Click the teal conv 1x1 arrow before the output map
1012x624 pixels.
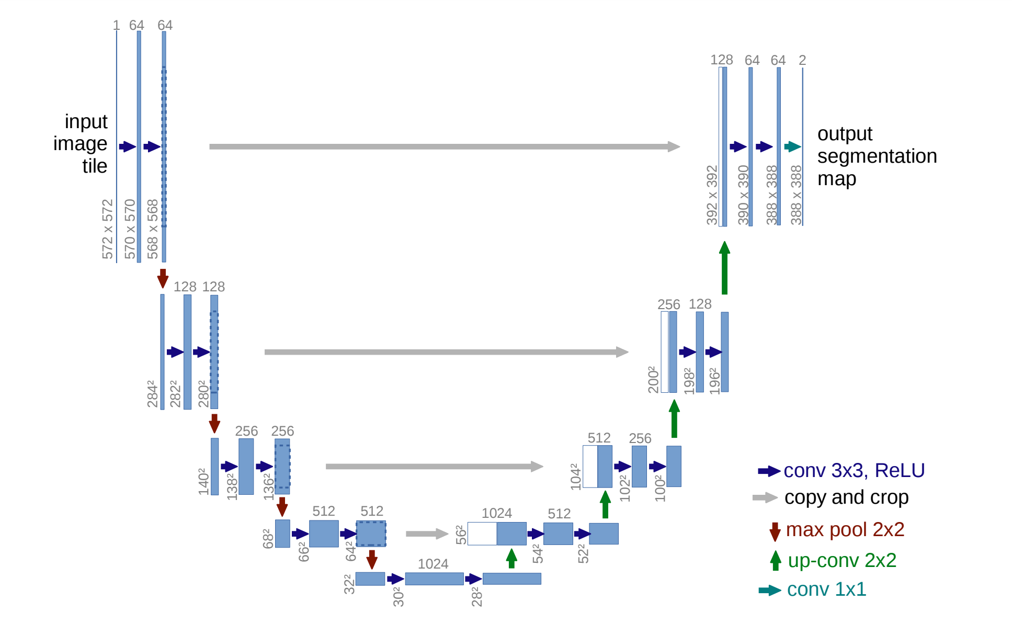pos(793,147)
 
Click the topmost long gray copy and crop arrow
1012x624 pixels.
pos(445,147)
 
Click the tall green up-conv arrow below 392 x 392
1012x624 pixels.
pos(724,268)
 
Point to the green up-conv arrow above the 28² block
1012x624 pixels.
pos(511,558)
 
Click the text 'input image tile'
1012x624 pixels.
pos(82,143)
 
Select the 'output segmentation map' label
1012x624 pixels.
pos(876,156)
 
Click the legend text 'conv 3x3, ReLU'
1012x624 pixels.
pos(854,471)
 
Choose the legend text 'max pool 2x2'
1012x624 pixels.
pos(845,530)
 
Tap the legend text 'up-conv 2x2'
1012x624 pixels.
pos(842,561)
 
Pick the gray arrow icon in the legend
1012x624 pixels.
pos(765,498)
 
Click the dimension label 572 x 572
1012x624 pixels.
pos(108,229)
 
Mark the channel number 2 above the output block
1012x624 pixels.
pos(802,60)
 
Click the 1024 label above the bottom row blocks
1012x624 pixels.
pos(433,564)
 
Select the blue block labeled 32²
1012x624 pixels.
pos(370,578)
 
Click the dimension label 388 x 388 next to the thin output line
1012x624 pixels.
pos(795,195)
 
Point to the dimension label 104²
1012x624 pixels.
pos(576,476)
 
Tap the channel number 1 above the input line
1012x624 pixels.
pos(117,25)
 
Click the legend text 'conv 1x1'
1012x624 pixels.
pos(826,589)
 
